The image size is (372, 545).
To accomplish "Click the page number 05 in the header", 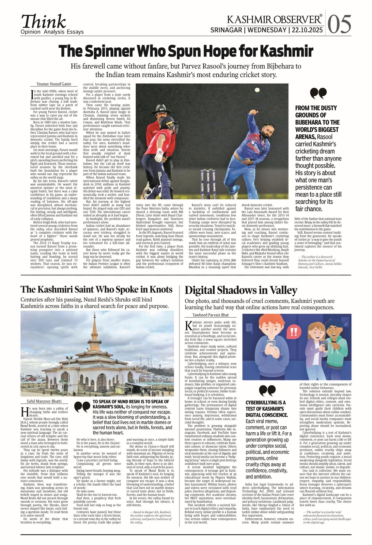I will pyautogui.click(x=339, y=24).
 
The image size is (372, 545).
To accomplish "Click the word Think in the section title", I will pyautogui.click(x=43, y=22).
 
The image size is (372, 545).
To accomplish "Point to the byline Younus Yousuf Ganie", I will pyautogui.click(x=54, y=84).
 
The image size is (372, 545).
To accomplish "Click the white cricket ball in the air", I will pyautogui.click(x=257, y=89).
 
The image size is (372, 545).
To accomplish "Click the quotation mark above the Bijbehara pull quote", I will pyautogui.click(x=318, y=94).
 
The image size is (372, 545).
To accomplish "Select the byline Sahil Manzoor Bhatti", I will pyautogui.click(x=44, y=401).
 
